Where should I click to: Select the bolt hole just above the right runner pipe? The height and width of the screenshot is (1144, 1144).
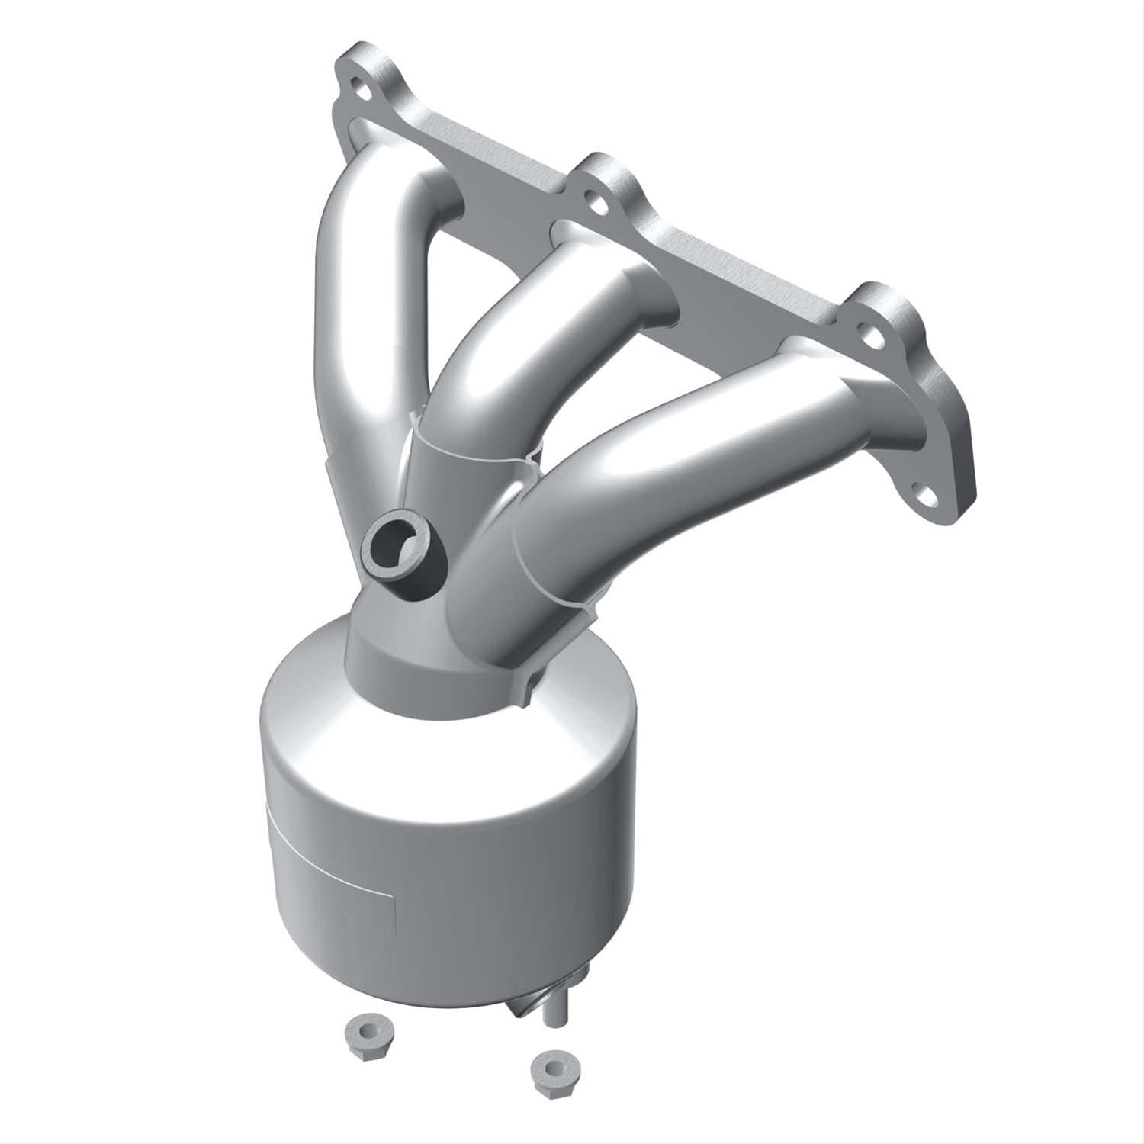(x=867, y=330)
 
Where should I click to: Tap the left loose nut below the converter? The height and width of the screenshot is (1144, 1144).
(x=365, y=1035)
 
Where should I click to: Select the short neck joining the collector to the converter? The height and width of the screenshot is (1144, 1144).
(x=397, y=656)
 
